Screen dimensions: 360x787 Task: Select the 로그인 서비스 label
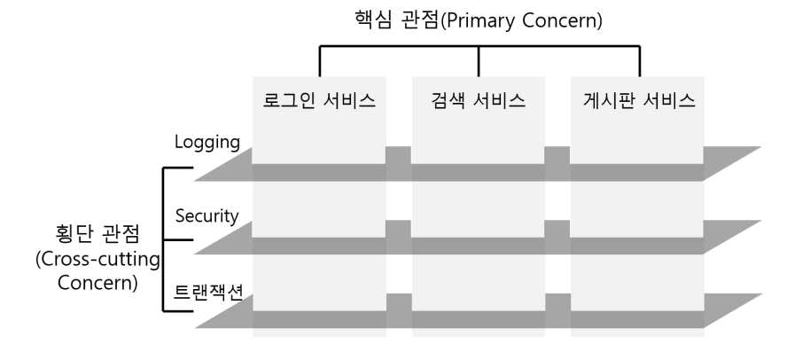point(319,100)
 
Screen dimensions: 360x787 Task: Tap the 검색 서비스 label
point(479,100)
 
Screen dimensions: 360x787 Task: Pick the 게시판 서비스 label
point(637,100)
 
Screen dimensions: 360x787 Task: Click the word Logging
point(208,142)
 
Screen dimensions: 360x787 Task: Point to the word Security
point(208,215)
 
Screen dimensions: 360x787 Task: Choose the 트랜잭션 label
point(206,290)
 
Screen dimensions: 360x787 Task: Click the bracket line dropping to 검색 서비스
point(479,60)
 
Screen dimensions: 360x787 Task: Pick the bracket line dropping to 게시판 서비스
point(638,60)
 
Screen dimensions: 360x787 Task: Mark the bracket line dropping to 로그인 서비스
point(319,60)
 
